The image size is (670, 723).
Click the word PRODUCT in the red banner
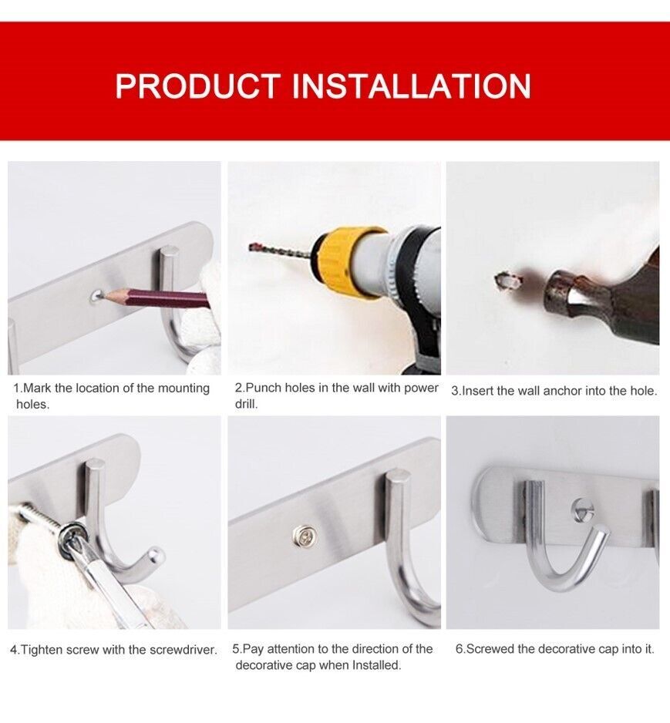coord(199,86)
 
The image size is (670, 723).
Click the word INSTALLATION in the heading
coord(412,86)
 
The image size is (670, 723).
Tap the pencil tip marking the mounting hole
coord(103,294)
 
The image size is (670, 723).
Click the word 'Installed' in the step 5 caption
coord(375,664)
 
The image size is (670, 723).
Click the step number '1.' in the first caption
coord(18,388)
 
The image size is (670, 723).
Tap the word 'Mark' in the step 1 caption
coord(37,388)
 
